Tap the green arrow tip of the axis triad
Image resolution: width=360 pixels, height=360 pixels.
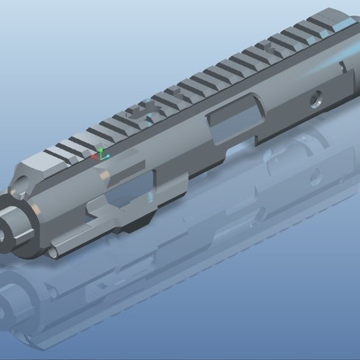(x=100, y=149)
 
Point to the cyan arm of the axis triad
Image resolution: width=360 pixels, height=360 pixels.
(x=106, y=156)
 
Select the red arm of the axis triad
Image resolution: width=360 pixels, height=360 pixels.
(x=96, y=157)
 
